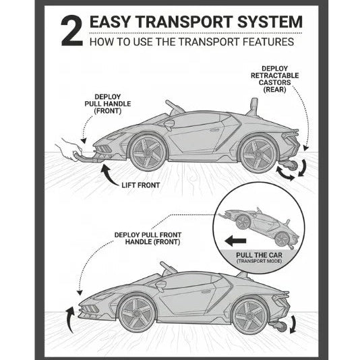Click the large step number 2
coord(72,30)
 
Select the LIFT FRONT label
coord(140,185)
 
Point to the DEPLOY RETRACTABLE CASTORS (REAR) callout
coord(274,79)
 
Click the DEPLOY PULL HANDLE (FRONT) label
coord(108,104)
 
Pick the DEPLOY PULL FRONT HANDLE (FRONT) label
coord(148,239)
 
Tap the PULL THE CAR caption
coord(259,255)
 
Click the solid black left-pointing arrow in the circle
coord(235,241)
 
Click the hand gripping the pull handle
coord(69,149)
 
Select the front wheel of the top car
coord(148,152)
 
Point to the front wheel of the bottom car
coord(137,313)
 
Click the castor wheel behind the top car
coord(292,165)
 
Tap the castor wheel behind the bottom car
coord(282,326)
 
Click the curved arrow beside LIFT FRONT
coord(109,176)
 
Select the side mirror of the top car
coord(169,124)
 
